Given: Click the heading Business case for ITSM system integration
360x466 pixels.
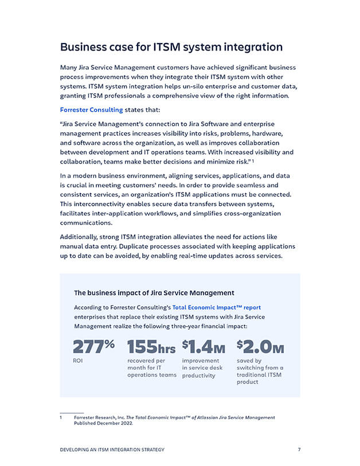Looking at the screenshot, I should (171, 47).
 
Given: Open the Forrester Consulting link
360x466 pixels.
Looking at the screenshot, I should (91, 110).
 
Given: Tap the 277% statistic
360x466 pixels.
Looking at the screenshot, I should (94, 347).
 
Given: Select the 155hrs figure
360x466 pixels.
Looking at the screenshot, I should (151, 347).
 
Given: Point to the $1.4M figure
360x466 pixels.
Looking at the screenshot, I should (203, 347).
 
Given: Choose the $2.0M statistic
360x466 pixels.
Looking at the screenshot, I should (260, 347).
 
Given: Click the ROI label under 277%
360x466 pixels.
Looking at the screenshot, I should (78, 361).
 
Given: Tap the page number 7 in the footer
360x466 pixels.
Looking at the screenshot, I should (299, 449).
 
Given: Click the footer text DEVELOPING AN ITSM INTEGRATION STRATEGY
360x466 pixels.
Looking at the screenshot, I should (112, 449).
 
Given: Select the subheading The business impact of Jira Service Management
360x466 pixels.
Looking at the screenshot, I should (154, 293).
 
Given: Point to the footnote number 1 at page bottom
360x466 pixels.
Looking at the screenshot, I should (61, 417).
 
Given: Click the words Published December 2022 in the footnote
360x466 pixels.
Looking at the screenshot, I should (103, 424).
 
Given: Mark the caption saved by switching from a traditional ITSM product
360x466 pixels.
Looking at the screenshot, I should (260, 371).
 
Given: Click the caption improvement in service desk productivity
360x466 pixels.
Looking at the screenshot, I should (202, 368).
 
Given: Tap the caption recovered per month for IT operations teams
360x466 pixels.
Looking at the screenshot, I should (151, 368).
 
